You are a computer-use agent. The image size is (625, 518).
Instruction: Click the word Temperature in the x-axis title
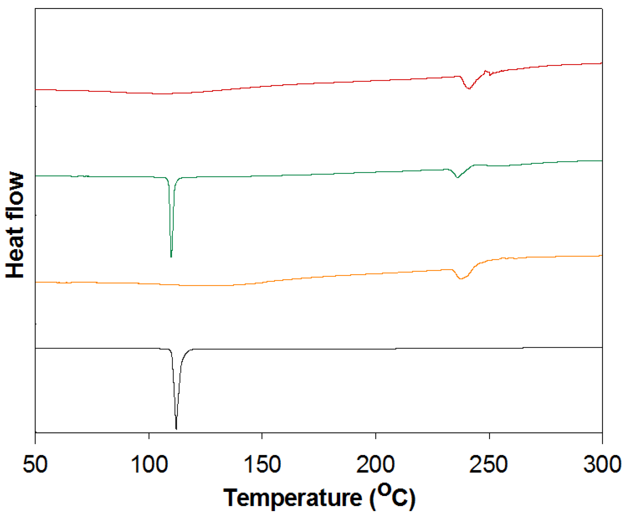(293, 498)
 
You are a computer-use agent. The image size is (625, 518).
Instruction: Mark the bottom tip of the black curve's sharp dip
(176, 429)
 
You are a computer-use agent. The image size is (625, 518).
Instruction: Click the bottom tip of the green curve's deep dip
(171, 257)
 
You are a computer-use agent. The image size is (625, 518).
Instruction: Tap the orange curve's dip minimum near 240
(461, 279)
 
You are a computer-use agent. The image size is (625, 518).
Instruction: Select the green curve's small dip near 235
(457, 177)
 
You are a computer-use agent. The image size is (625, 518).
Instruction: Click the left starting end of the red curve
(36, 89)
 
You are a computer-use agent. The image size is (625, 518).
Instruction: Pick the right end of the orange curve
(602, 256)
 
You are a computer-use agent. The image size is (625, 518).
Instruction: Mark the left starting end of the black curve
(36, 348)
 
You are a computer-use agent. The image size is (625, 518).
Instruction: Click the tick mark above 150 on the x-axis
(262, 436)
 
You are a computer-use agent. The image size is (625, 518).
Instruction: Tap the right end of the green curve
(602, 161)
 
